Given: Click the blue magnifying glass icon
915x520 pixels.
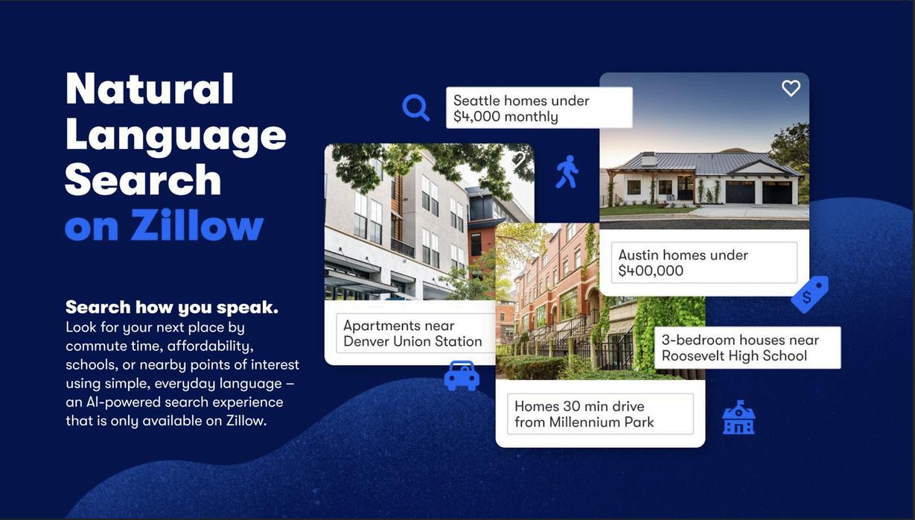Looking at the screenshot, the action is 414,107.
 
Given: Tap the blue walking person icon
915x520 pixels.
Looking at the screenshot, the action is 567,171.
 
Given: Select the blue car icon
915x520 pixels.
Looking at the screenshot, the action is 462,375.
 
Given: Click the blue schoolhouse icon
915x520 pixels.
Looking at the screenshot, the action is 739,417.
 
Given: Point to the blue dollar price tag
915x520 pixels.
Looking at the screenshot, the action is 809,294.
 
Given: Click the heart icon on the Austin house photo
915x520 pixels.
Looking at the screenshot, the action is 791,88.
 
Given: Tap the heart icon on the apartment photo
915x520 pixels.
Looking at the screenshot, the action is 518,159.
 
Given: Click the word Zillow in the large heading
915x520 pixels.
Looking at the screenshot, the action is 197,225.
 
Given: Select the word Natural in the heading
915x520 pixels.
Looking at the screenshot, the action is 150,89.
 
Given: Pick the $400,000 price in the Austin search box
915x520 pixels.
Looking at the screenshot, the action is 651,270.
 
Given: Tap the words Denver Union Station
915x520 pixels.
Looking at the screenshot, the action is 412,341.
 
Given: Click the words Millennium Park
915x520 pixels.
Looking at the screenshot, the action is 602,422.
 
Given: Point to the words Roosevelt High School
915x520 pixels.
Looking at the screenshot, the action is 734,355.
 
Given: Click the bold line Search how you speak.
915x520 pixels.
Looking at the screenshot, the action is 172,307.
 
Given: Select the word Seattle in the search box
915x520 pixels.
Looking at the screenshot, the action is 475,101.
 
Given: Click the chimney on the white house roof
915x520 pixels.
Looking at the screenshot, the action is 648,158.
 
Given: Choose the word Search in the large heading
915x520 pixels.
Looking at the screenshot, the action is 143,180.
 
